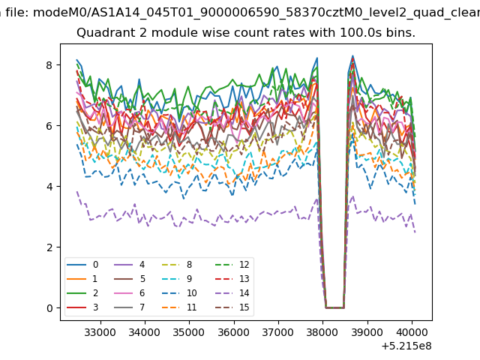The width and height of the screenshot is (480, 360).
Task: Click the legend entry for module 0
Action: click(x=82, y=265)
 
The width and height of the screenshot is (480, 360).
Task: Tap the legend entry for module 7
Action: click(x=129, y=307)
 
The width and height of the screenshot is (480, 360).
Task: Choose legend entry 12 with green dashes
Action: click(x=232, y=265)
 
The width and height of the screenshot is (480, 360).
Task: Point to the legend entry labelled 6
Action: click(x=129, y=293)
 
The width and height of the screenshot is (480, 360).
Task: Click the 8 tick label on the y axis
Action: click(x=49, y=65)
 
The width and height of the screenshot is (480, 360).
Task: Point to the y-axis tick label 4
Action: click(x=49, y=187)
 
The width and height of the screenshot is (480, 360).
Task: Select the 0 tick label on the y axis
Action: click(x=49, y=308)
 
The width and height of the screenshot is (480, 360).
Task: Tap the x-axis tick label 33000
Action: click(x=100, y=332)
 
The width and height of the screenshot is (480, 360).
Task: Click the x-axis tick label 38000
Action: click(x=322, y=332)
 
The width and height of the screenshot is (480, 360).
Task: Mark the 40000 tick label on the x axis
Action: click(x=412, y=332)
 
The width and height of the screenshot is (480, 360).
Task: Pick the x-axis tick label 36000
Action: click(x=233, y=332)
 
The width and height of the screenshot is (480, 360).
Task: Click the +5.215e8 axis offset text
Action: click(x=406, y=346)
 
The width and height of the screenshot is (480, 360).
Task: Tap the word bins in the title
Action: click(x=400, y=33)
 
